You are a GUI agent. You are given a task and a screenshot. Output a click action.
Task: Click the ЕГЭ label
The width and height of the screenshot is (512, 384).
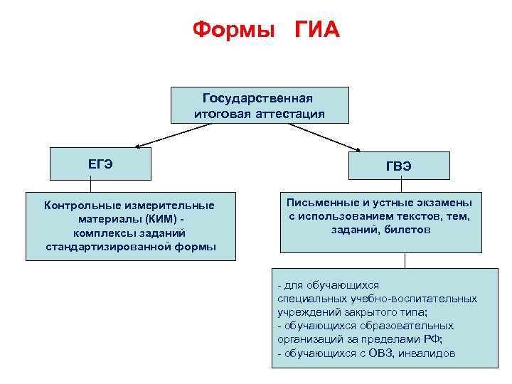pyautogui.click(x=100, y=164)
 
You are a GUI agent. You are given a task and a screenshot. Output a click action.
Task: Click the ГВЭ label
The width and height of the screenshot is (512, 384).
pyautogui.click(x=398, y=166)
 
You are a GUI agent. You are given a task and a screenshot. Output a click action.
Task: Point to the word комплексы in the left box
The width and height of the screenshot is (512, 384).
pyautogui.click(x=100, y=233)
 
